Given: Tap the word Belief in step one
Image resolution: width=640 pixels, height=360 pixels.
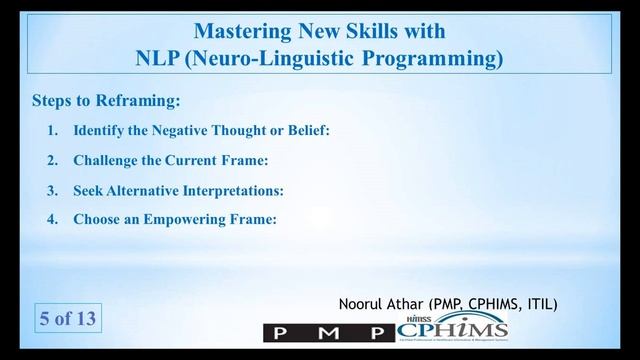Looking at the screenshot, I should tap(305, 131).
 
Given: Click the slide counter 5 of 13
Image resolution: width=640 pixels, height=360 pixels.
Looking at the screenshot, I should tap(67, 320).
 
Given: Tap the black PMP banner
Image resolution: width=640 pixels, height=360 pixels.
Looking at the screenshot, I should tap(329, 331).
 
